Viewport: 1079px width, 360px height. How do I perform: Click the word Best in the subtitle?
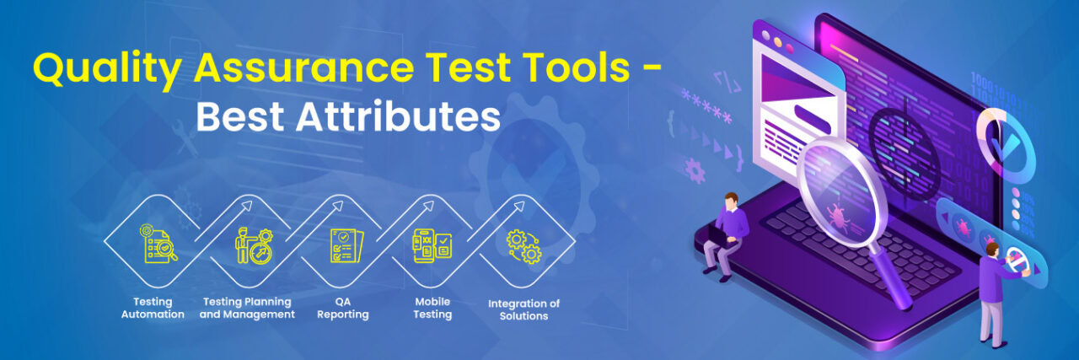tap(240, 118)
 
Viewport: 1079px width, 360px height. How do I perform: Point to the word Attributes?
tap(399, 118)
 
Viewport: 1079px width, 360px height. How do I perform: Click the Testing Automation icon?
tap(158, 243)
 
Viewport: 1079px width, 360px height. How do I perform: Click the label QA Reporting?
tap(343, 308)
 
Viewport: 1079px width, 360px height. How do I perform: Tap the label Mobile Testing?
tap(432, 308)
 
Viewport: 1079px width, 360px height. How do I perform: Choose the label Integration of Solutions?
tap(523, 309)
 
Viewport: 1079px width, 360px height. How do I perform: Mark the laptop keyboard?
tap(851, 253)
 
